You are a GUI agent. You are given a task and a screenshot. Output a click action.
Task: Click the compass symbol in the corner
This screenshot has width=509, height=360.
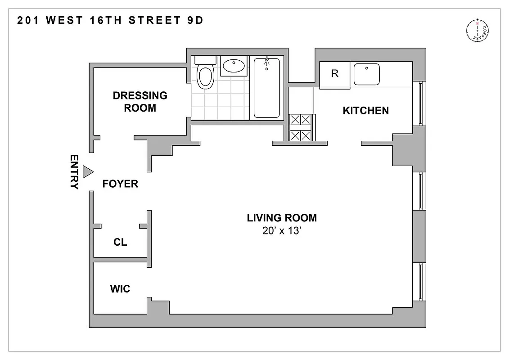(477, 30)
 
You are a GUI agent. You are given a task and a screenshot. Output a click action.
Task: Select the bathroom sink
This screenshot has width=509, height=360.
(234, 67)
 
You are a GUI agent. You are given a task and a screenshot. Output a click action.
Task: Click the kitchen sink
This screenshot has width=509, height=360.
(366, 74)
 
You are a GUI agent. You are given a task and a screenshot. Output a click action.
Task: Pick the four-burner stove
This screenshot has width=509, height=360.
(301, 127)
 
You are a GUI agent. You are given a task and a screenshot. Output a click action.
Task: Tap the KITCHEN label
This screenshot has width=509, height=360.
(365, 111)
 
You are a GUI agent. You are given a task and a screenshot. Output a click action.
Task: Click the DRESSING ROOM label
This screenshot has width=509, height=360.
(140, 102)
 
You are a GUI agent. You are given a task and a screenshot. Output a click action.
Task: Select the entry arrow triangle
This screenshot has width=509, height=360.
(88, 171)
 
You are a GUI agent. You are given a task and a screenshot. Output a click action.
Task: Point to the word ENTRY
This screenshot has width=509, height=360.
(74, 172)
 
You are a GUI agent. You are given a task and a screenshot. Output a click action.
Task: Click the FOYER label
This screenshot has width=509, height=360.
(120, 184)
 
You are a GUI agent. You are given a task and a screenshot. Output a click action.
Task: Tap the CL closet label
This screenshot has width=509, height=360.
(120, 242)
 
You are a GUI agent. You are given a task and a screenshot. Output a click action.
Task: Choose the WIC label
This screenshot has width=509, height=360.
(120, 288)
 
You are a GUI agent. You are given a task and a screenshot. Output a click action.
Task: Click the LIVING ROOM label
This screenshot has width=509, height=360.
(282, 218)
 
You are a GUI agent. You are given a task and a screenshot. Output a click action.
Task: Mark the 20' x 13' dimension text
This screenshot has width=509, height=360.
(282, 231)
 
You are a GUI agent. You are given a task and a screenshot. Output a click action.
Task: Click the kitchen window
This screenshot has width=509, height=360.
(420, 103)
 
